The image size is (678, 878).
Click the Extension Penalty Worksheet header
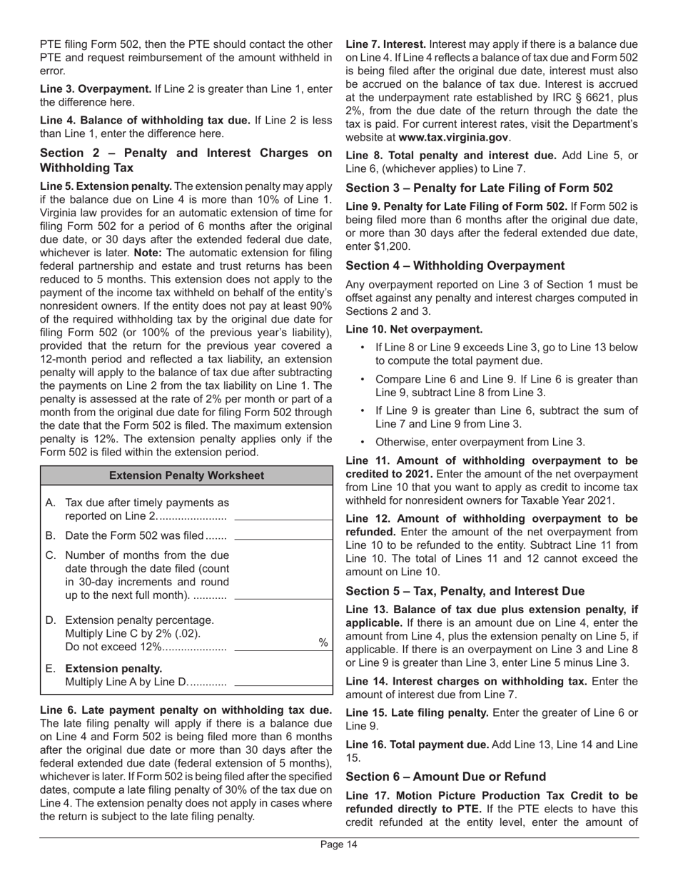(x=186, y=475)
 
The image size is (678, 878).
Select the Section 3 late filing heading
(x=479, y=188)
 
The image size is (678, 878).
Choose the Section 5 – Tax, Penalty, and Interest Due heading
(x=465, y=591)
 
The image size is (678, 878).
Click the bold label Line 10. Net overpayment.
(x=414, y=329)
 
